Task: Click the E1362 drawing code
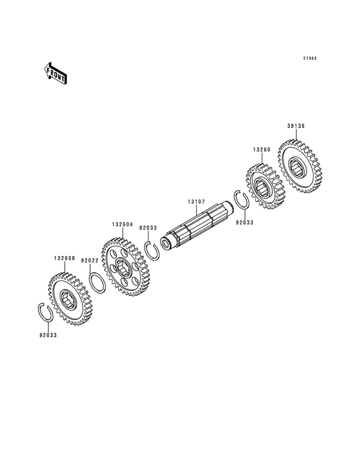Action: [x=310, y=58]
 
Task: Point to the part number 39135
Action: [x=295, y=127]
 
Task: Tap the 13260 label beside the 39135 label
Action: [x=261, y=150]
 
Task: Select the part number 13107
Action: [x=196, y=201]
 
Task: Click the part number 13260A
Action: [x=122, y=225]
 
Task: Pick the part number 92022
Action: [x=89, y=261]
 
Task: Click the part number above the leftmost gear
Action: [x=64, y=258]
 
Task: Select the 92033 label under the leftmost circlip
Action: [x=48, y=335]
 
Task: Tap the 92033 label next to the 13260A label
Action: [x=148, y=228]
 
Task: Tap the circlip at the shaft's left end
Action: [x=153, y=251]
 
